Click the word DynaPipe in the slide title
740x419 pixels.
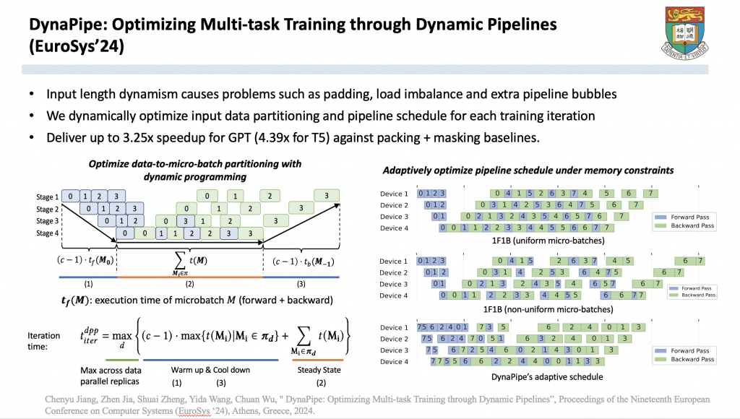tap(67, 24)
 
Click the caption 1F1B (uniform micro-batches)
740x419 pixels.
tap(529, 241)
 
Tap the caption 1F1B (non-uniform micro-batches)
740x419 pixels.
tap(529, 308)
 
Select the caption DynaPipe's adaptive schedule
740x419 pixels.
tap(529, 376)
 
